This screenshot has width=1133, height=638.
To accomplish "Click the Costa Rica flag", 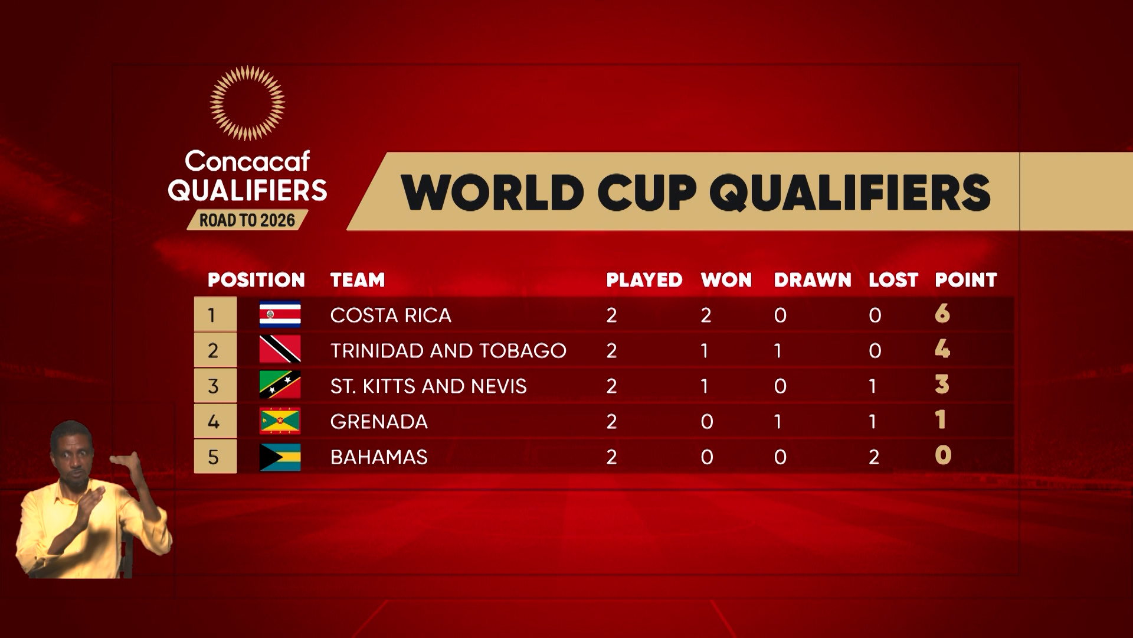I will (280, 315).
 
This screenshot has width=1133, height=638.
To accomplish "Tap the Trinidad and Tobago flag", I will (280, 350).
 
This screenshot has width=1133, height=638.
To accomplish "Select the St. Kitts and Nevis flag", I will (280, 385).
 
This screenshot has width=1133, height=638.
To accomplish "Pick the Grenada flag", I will (280, 421).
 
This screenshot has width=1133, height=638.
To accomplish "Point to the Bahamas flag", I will (280, 457).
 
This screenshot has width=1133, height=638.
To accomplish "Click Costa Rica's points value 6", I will (942, 314).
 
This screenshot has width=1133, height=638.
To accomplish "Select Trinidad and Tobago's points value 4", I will (942, 349).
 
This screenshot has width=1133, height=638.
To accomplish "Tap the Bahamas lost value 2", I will (874, 457).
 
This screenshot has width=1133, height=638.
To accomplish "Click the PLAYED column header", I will (644, 280).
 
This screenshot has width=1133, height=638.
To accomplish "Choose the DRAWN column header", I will (813, 280).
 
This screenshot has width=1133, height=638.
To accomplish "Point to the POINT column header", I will (966, 280).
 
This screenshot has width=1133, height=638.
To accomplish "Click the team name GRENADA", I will (379, 422).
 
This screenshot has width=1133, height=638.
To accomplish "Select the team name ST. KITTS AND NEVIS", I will (428, 386).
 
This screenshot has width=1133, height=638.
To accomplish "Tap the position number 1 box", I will (215, 315).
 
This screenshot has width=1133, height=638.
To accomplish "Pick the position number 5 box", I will (215, 457).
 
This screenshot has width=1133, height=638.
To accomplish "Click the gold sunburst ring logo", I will (247, 103).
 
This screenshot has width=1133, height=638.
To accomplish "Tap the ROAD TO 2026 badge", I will (247, 220).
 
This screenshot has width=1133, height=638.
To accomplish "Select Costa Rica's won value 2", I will (706, 315).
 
